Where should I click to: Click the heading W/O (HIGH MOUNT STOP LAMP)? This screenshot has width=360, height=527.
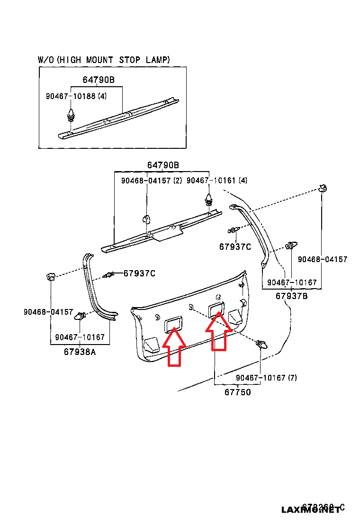104,60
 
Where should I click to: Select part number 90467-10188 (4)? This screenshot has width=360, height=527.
76,96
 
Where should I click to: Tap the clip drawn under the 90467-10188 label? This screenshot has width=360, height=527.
71,115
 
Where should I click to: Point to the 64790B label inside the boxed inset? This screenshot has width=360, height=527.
99,80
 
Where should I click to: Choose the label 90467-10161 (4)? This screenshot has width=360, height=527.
216,181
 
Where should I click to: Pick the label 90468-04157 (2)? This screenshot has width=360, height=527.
152,181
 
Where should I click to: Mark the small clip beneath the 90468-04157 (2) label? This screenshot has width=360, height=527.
146,218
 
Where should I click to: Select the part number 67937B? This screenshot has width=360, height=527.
292,296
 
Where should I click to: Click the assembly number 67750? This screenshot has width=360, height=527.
237,392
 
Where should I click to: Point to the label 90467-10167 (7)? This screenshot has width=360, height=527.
266,378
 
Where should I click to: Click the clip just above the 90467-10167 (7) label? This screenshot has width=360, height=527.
261,345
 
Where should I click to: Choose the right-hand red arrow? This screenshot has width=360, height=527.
218,330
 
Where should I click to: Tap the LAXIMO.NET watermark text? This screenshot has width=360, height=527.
310,510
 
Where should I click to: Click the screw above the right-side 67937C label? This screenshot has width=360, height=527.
233,230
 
